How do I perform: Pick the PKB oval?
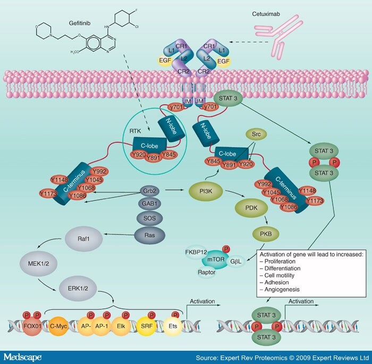click(270, 233)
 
